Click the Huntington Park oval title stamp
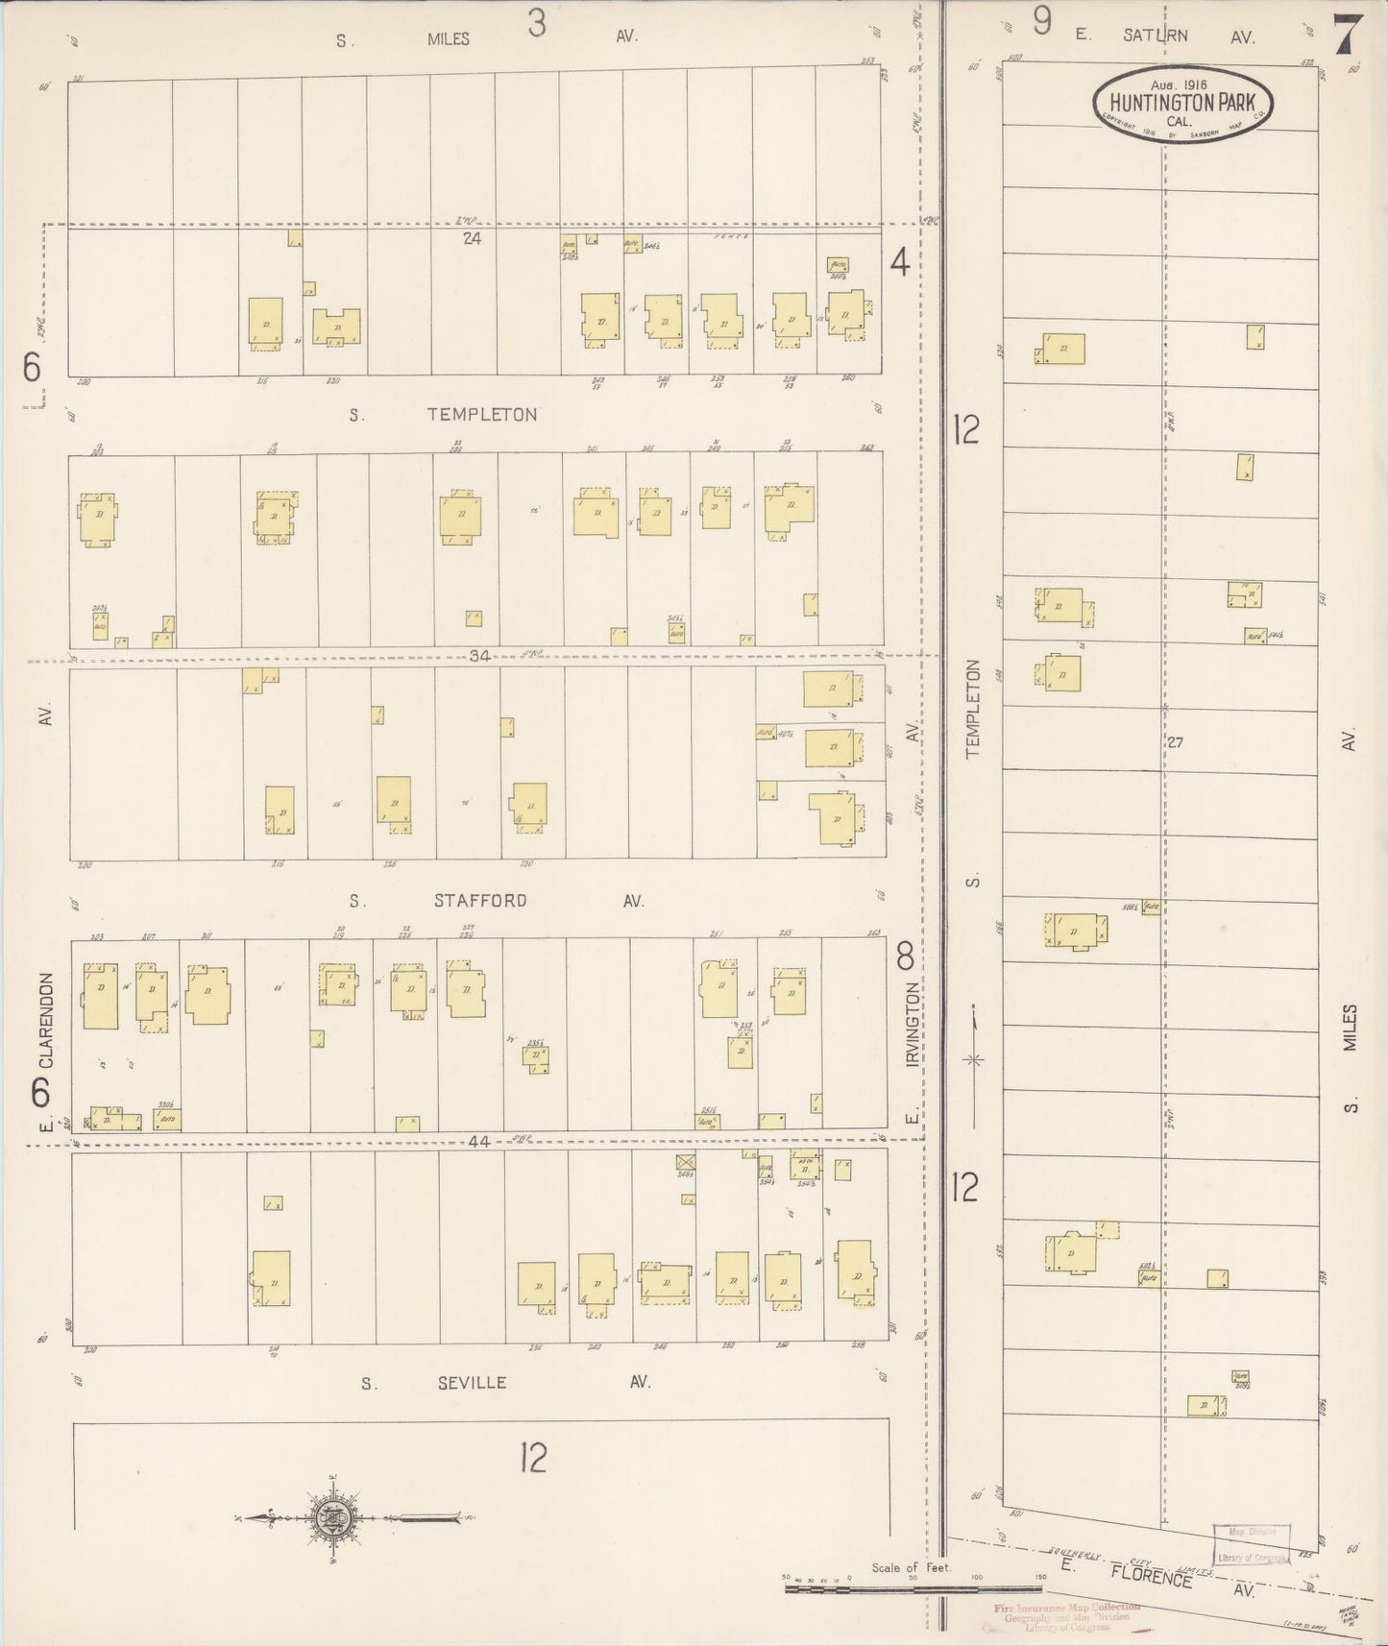pyautogui.click(x=1181, y=103)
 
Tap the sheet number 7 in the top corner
pyautogui.click(x=1344, y=36)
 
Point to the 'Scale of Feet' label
pyautogui.click(x=911, y=1568)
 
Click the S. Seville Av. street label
pyautogui.click(x=505, y=1383)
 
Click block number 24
pyautogui.click(x=472, y=238)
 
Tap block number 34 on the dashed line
pyautogui.click(x=480, y=657)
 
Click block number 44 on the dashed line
pyautogui.click(x=480, y=1141)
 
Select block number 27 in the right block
pyautogui.click(x=1176, y=742)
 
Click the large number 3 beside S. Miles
pyautogui.click(x=538, y=23)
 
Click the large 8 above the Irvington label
pyautogui.click(x=904, y=956)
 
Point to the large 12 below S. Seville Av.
pyautogui.click(x=533, y=1459)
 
